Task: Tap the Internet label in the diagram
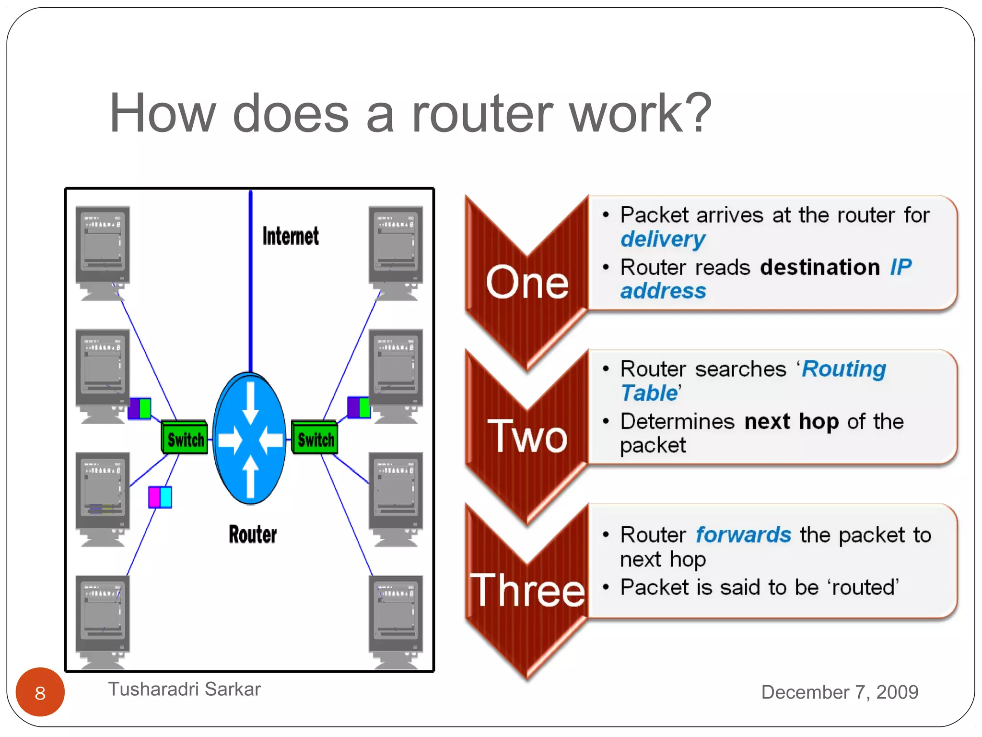[x=290, y=236]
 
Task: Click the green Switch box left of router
[x=185, y=438]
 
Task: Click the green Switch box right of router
[x=315, y=438]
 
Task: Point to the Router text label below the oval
[x=253, y=535]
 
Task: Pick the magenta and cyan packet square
[x=160, y=497]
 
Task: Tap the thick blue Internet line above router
[x=250, y=283]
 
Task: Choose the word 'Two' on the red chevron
[x=527, y=437]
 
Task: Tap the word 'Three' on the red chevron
[x=527, y=590]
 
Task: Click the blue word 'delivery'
[x=663, y=239]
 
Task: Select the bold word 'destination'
[x=820, y=267]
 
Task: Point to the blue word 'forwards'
[x=743, y=535]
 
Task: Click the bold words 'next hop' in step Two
[x=791, y=421]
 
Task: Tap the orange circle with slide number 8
[x=40, y=692]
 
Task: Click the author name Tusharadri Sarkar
[x=184, y=689]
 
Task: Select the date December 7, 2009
[x=839, y=692]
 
